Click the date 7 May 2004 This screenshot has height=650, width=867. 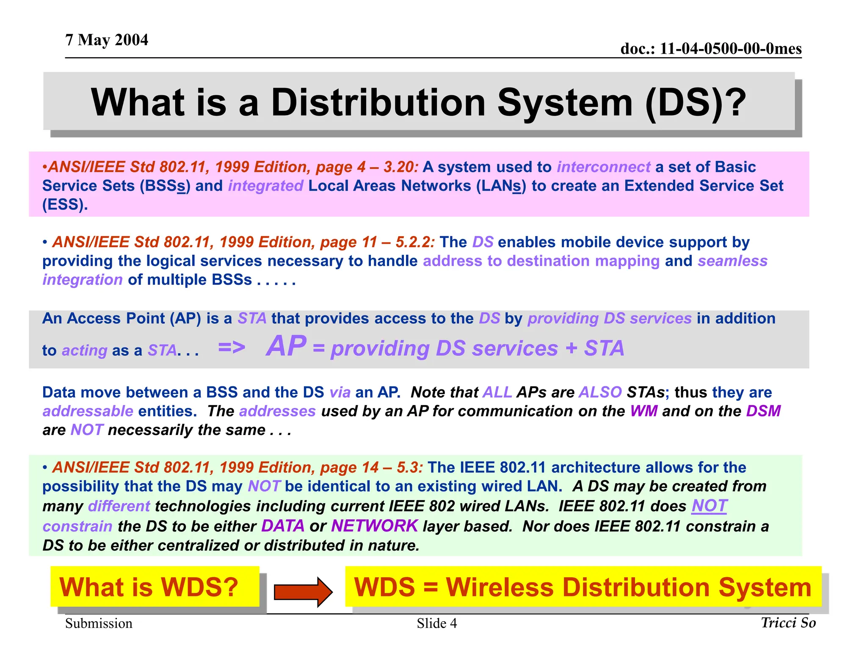pos(107,40)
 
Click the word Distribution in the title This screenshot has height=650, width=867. pos(378,103)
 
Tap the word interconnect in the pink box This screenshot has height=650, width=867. pos(603,167)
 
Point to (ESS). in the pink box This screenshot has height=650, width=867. pos(65,204)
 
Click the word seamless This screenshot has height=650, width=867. pos(732,261)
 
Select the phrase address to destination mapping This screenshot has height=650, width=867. pos(541,261)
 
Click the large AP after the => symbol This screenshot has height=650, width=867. pos(286,346)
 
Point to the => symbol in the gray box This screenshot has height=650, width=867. pos(232,347)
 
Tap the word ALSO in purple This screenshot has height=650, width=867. pos(600,392)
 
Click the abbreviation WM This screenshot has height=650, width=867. pos(643,411)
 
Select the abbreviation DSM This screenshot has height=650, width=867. pos(763,411)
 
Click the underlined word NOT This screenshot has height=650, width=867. pos(709,506)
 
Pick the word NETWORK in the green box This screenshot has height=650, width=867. pos(374,526)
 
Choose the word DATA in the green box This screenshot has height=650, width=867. pos(283,526)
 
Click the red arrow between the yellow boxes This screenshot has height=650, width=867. pos(303,592)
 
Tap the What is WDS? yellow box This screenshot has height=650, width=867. pos(155,587)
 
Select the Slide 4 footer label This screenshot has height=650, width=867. pos(436,623)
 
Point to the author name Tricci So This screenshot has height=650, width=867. pos(788,622)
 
